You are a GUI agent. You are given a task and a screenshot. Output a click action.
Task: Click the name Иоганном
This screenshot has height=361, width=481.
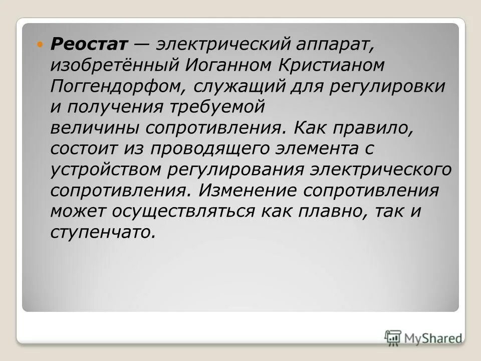pos(221,65)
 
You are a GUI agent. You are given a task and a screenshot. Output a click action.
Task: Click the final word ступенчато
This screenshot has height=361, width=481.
pos(100,233)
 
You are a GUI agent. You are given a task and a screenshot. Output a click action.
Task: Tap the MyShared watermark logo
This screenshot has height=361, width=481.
pos(424,337)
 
